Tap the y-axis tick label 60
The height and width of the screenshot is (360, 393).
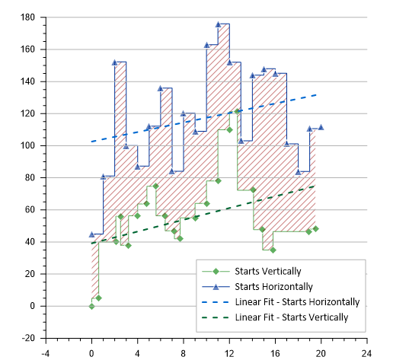coord(29,210)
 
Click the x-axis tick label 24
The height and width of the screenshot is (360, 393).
coord(366,352)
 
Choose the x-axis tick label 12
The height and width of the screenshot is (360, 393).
coord(228,352)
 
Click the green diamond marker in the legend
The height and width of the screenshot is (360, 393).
coord(216,272)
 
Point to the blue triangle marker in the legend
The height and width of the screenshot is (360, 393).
coord(216,287)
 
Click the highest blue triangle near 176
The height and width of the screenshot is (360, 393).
coord(218,24)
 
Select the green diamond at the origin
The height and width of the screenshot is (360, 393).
coord(91,306)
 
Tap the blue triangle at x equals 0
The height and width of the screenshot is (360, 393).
coord(91,234)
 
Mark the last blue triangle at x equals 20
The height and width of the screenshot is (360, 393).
coord(321,127)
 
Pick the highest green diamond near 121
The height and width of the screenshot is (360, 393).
coord(237,112)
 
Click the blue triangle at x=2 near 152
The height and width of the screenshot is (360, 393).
coord(114,62)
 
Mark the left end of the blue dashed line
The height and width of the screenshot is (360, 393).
coord(92,142)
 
